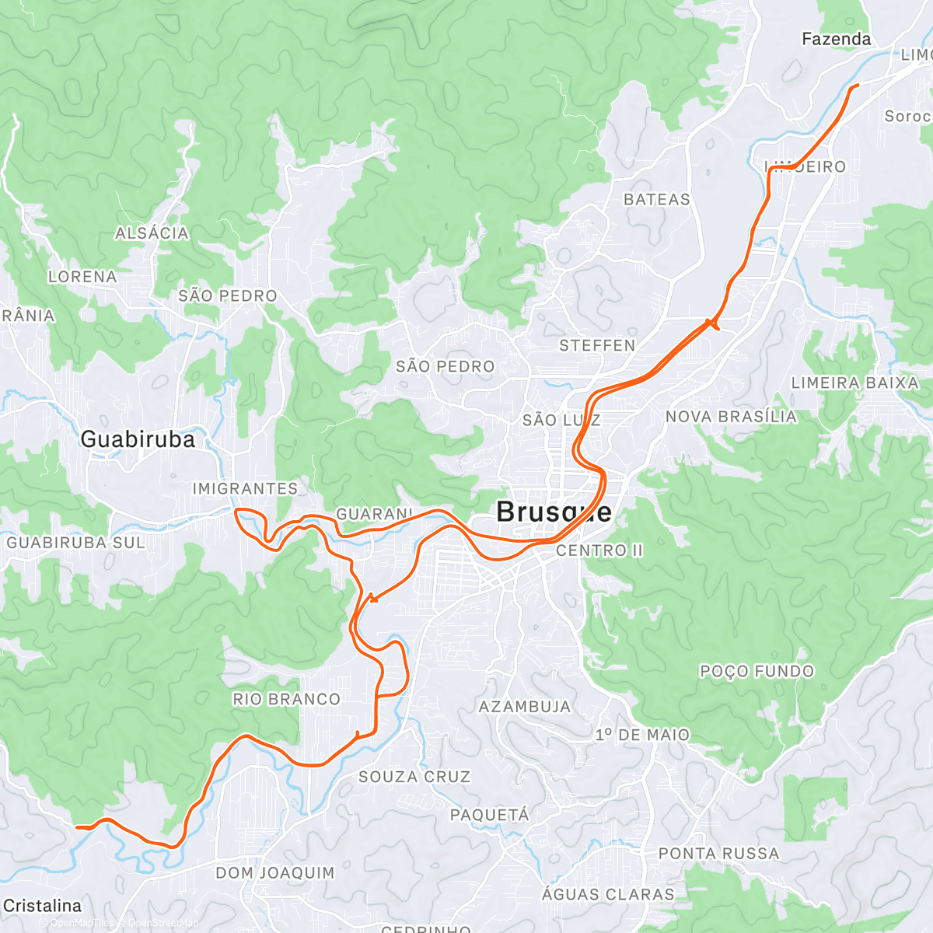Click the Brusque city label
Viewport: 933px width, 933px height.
[554, 512]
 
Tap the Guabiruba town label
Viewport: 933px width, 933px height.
[138, 439]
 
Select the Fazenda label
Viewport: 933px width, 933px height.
[836, 39]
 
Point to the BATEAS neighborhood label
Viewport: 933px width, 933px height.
[657, 200]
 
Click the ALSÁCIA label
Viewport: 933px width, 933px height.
[152, 233]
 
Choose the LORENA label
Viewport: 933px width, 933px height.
[82, 277]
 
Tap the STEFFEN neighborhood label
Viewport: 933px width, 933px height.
[597, 345]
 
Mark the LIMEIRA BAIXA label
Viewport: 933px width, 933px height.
[854, 383]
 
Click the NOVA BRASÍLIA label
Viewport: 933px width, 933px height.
[731, 417]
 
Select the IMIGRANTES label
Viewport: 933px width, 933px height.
[245, 488]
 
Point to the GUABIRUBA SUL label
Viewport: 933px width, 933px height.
[76, 543]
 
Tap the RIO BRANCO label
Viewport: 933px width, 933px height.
[286, 699]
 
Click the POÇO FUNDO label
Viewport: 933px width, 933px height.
[757, 671]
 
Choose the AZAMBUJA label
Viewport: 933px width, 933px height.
[525, 707]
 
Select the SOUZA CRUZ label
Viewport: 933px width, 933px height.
[414, 777]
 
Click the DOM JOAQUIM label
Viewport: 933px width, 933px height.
[275, 872]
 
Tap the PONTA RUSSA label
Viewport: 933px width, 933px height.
[718, 854]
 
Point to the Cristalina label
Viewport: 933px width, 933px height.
[42, 906]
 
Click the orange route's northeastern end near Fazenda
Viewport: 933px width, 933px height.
[857, 85]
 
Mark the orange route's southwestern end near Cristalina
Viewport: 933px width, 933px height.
[78, 827]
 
